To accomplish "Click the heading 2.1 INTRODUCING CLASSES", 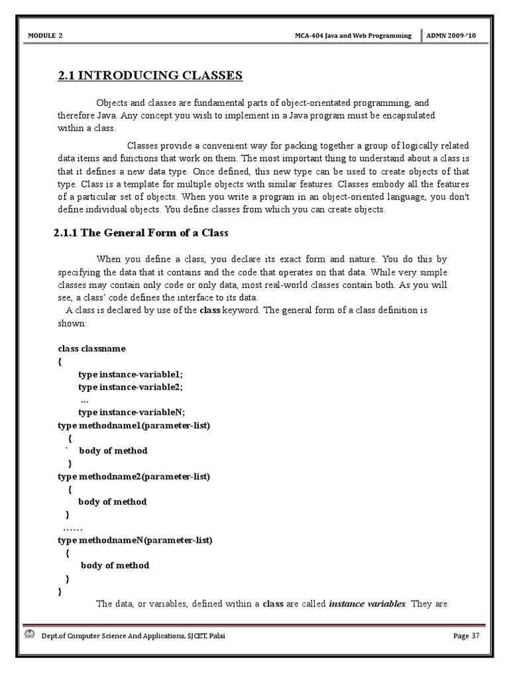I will click(x=150, y=75).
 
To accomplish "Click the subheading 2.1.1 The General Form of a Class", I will click(x=141, y=233).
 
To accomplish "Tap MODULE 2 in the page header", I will click(x=46, y=34).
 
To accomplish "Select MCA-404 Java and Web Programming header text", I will click(x=353, y=34).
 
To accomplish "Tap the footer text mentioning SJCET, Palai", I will click(x=129, y=636).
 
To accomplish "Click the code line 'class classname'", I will click(x=91, y=348).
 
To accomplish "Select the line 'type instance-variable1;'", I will click(x=130, y=374).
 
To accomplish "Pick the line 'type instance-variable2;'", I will click(x=130, y=387).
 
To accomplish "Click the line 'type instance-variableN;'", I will click(x=131, y=412).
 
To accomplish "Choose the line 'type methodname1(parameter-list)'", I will click(x=134, y=425).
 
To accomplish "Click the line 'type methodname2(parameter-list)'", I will click(x=134, y=476).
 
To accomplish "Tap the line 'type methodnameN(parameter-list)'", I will click(x=135, y=540).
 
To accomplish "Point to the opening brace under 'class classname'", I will click(x=60, y=362).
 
